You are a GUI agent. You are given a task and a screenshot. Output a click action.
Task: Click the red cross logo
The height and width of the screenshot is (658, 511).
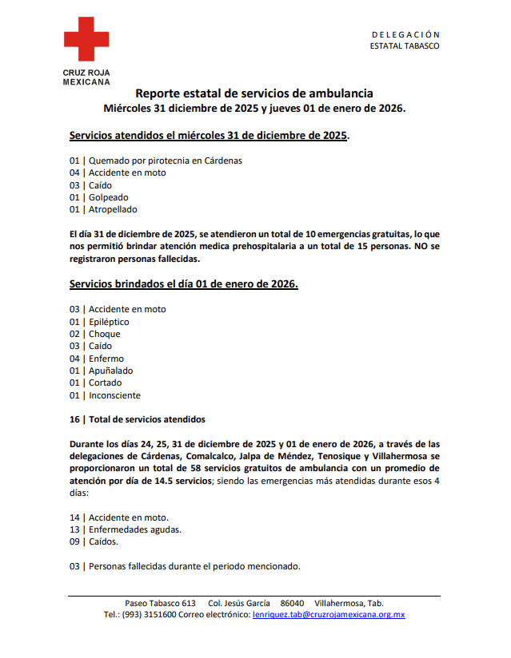tap(86, 40)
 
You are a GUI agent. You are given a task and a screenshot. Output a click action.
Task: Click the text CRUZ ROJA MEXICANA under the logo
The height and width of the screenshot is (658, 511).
tap(86, 77)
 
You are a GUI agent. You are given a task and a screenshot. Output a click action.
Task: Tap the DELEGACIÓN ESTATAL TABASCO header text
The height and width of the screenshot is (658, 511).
tap(405, 40)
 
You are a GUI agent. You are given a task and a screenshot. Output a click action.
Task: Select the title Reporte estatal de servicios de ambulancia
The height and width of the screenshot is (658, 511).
tap(254, 93)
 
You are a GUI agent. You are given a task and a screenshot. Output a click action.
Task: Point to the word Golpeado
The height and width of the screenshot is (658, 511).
tap(108, 197)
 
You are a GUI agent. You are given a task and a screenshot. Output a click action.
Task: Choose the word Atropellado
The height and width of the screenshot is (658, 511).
tap(113, 209)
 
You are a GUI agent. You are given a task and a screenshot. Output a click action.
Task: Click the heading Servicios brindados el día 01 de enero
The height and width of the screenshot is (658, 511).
tap(184, 283)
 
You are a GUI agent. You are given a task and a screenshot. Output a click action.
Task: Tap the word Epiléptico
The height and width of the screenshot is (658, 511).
tap(109, 322)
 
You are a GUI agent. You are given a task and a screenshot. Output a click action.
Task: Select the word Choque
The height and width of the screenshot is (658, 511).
tap(105, 334)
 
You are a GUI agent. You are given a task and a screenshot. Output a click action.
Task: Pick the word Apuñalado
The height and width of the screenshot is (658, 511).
tap(110, 371)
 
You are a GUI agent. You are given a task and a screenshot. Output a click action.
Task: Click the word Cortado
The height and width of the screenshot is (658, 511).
tap(106, 383)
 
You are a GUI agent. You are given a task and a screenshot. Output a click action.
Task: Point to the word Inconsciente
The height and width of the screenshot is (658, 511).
tap(114, 395)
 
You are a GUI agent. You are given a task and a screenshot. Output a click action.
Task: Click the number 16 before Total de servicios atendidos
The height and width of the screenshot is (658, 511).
tap(74, 418)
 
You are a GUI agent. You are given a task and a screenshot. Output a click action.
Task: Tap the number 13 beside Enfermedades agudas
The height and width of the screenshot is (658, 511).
tap(74, 529)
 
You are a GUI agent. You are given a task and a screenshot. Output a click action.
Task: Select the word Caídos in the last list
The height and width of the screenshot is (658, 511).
tap(103, 541)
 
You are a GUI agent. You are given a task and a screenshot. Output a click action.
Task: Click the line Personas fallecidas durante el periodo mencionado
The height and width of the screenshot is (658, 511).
tap(194, 566)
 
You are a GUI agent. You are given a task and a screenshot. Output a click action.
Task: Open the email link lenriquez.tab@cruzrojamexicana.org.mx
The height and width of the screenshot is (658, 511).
tap(329, 615)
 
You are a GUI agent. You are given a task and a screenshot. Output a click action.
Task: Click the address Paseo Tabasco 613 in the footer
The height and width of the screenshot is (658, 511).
tap(160, 603)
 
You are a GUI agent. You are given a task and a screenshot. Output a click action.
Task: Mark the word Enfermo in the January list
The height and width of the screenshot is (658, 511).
tap(106, 359)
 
